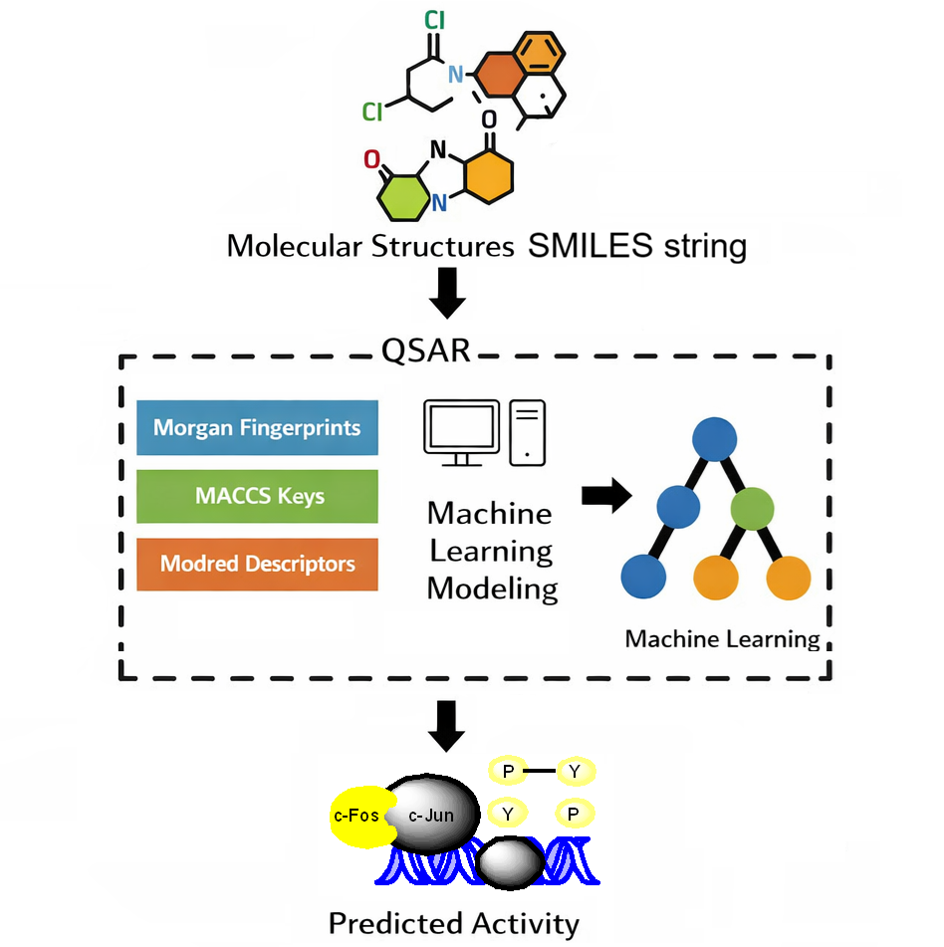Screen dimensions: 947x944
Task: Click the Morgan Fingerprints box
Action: coord(257,428)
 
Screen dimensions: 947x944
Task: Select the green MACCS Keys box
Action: coord(257,496)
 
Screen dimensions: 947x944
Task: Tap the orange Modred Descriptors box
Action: coord(257,564)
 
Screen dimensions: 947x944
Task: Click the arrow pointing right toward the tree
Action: coord(606,495)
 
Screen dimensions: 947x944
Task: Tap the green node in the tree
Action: coord(753,508)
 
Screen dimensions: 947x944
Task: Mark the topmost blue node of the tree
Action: coord(715,438)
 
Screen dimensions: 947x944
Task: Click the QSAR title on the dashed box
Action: coord(426,351)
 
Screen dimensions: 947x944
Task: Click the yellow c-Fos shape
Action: coord(355,817)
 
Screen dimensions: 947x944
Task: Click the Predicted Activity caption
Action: coord(453,923)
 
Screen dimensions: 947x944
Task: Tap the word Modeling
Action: coord(492,588)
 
